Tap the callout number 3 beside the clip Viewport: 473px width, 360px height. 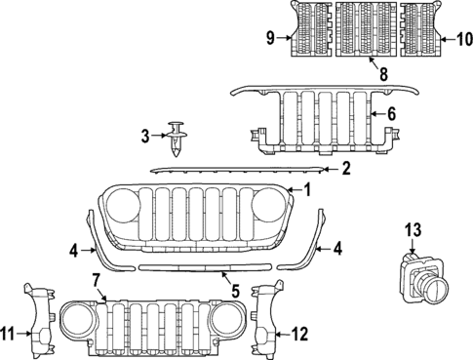(145, 136)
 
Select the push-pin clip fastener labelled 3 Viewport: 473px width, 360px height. (177, 138)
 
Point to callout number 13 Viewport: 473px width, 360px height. (413, 230)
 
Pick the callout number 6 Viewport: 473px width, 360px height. (391, 114)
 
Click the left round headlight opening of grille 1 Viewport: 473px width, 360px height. (124, 207)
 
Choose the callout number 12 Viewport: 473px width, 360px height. (299, 335)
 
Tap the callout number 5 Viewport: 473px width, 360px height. (234, 289)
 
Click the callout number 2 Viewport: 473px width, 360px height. (345, 169)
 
